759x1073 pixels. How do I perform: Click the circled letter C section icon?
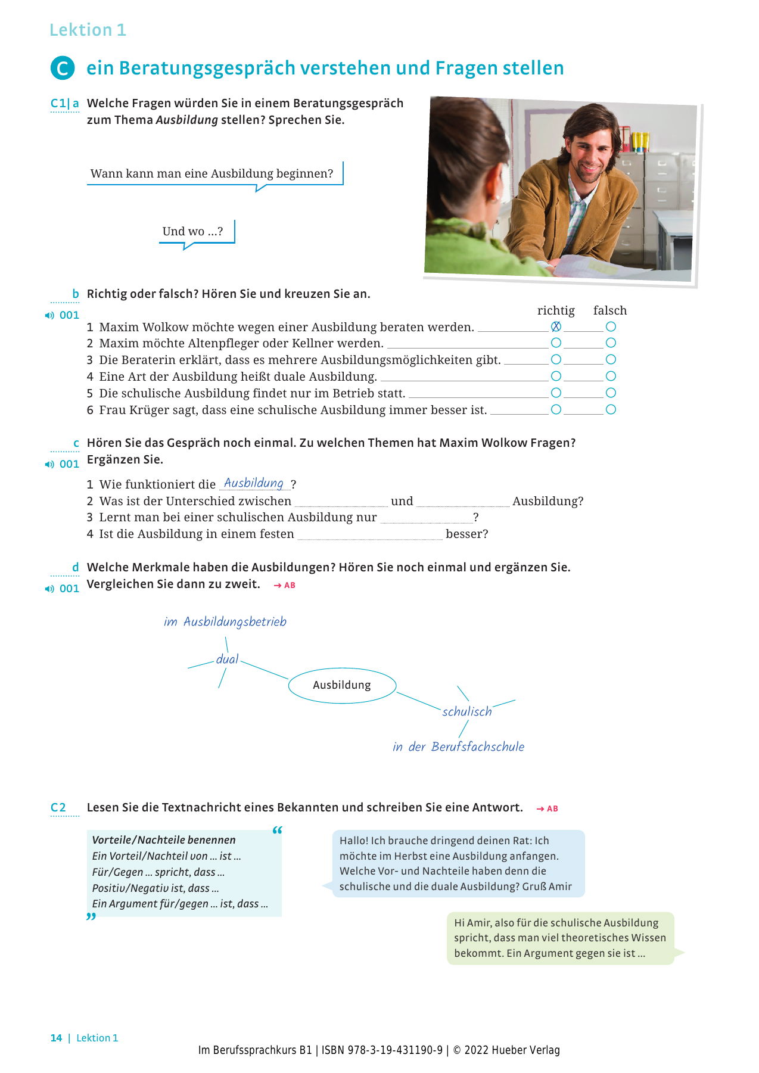pos(63,69)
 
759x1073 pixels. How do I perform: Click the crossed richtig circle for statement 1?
pos(556,326)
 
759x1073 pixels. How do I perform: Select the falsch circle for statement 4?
pos(611,377)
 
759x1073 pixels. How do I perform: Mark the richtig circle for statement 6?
pos(556,410)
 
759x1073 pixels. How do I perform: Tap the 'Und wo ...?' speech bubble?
pos(193,231)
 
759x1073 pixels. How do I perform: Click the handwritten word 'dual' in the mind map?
pos(227,659)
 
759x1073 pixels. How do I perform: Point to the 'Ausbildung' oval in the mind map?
pos(342,685)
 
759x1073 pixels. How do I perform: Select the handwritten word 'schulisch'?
pos(467,711)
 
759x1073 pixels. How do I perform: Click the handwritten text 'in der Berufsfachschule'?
pos(458,747)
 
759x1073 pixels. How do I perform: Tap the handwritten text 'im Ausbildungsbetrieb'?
pos(225,622)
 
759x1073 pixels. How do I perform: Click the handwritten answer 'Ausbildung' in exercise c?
pos(254,483)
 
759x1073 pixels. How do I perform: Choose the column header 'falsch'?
pos(610,310)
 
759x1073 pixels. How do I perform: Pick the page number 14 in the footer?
pos(56,1038)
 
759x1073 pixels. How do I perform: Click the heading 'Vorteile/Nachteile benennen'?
pos(164,840)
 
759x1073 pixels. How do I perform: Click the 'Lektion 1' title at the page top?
pos(88,30)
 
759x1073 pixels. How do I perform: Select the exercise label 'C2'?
pos(58,808)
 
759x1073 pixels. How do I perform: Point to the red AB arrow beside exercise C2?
pos(547,809)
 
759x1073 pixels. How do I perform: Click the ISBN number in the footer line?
pos(382,1050)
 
